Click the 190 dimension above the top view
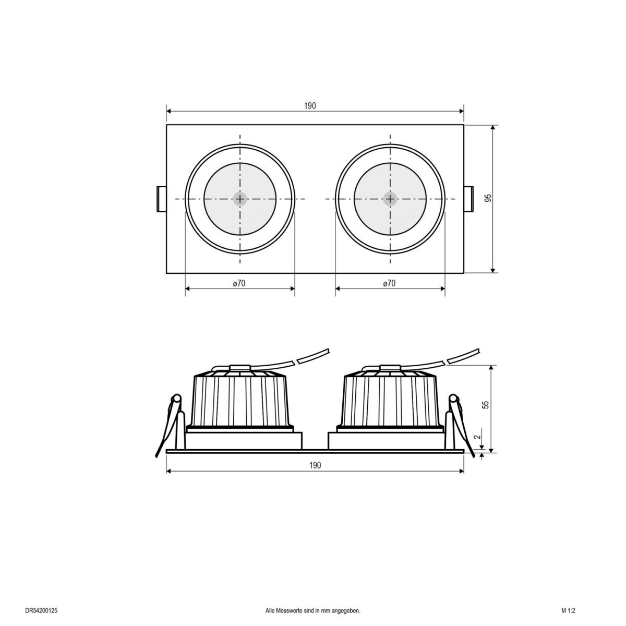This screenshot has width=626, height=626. [x=310, y=106]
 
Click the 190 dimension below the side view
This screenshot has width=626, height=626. [x=315, y=465]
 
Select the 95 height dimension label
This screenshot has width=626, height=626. [x=488, y=198]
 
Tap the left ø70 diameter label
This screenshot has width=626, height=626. [x=239, y=284]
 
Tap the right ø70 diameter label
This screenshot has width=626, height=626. [x=389, y=284]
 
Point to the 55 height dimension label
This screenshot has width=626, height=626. [x=486, y=405]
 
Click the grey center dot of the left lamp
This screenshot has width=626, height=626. [x=240, y=199]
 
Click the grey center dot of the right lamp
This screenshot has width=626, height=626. [x=390, y=199]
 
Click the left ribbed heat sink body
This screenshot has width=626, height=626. [x=239, y=399]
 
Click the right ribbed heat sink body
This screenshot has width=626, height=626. [x=390, y=399]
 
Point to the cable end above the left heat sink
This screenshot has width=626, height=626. [x=313, y=355]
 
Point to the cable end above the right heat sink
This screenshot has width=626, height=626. [x=464, y=355]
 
